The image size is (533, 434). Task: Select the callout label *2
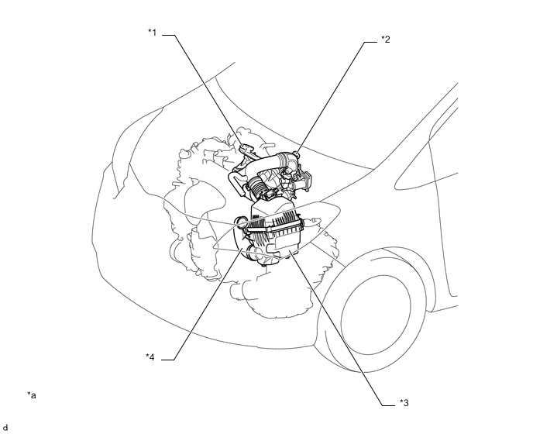tap(385, 38)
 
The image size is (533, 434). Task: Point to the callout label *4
tap(152, 356)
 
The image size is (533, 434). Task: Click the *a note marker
tap(32, 395)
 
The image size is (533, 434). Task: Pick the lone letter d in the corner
tap(5, 427)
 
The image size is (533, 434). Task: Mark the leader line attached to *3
tap(341, 333)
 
